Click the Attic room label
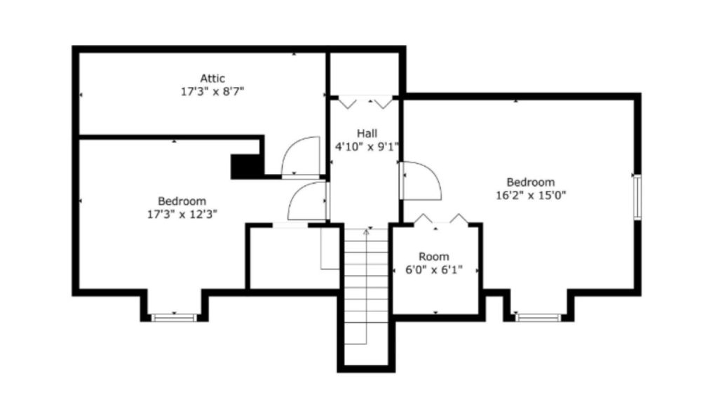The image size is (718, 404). (212, 79)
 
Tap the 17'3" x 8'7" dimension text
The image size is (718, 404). (212, 92)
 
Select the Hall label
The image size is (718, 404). (367, 134)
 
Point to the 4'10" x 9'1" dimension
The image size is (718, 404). (367, 147)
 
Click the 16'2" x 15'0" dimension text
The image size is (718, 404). (531, 196)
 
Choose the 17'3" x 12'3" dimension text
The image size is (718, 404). (182, 215)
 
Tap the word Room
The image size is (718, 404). (434, 257)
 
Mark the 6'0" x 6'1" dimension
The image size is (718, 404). (434, 270)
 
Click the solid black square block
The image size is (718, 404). (245, 166)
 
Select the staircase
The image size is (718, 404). (366, 286)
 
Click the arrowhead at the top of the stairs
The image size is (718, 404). (366, 231)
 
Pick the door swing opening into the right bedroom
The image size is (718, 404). (421, 181)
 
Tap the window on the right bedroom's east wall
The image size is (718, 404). (637, 197)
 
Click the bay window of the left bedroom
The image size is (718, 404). (174, 318)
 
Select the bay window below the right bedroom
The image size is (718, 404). (538, 318)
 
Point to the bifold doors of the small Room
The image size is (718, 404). (441, 220)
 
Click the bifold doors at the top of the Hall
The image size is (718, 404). (365, 102)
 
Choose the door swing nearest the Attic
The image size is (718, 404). (300, 156)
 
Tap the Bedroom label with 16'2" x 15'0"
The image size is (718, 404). (531, 182)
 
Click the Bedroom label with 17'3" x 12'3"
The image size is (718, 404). (182, 201)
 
